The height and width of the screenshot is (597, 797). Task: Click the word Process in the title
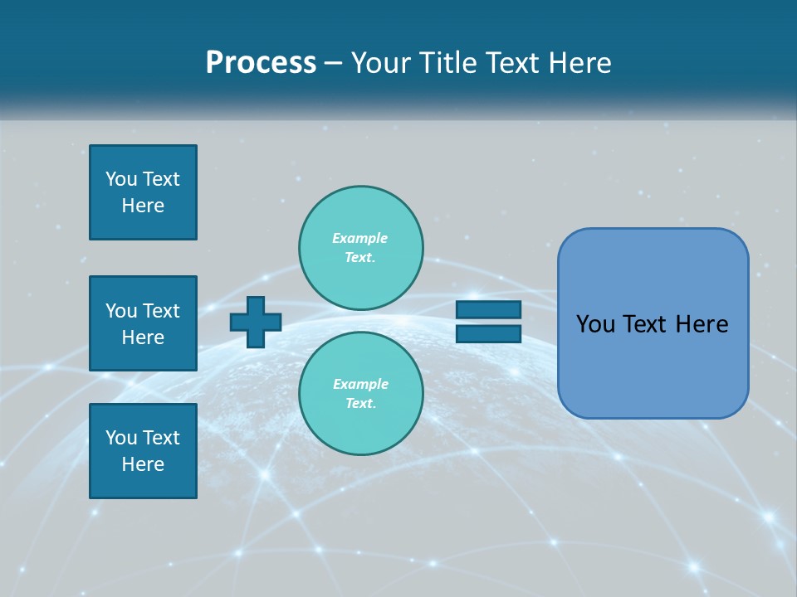click(261, 63)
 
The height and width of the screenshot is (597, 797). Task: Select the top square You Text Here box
click(143, 192)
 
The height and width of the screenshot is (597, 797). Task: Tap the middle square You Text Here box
click(143, 323)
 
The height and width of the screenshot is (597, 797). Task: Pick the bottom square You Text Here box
click(143, 451)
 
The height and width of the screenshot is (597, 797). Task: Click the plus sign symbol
click(256, 322)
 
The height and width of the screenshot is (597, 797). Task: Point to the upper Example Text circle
click(361, 248)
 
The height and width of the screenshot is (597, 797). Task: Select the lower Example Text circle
click(361, 394)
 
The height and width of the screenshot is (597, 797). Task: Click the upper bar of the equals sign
click(488, 310)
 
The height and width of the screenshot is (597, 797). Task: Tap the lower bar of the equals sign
click(488, 334)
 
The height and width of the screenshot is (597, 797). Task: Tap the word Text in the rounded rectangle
click(644, 324)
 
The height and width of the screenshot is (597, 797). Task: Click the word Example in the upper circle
click(359, 238)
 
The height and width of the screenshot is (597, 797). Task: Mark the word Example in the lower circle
click(360, 384)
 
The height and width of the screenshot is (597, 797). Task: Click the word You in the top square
click(121, 179)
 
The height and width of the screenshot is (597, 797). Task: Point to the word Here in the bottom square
click(143, 464)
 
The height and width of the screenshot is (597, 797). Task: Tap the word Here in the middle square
click(143, 337)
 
